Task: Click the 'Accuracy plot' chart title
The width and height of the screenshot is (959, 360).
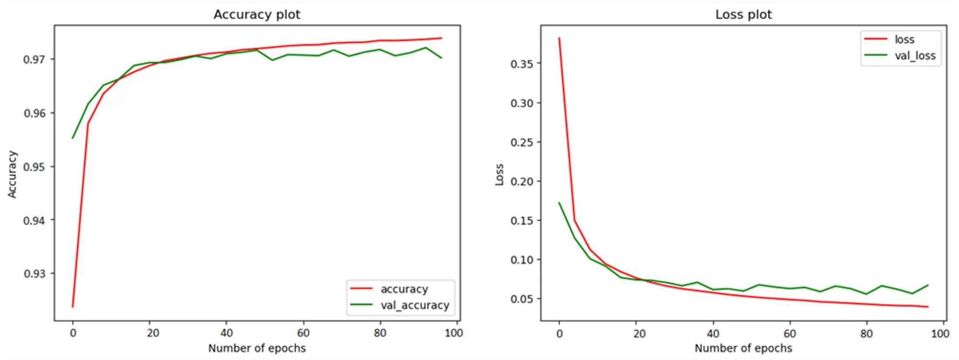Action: pyautogui.click(x=257, y=14)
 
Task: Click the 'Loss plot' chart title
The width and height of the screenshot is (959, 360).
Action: pyautogui.click(x=743, y=14)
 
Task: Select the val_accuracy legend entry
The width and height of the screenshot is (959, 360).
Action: pyautogui.click(x=414, y=305)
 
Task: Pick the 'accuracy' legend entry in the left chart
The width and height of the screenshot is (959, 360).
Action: pyautogui.click(x=404, y=289)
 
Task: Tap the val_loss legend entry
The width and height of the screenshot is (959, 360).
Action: pyautogui.click(x=914, y=56)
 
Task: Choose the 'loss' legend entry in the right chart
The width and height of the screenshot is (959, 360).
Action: pyautogui.click(x=904, y=39)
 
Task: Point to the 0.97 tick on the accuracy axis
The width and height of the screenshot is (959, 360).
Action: pyautogui.click(x=34, y=60)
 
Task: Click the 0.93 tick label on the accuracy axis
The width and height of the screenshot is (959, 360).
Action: pyautogui.click(x=34, y=274)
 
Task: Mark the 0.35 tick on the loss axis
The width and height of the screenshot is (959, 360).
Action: pyautogui.click(x=522, y=64)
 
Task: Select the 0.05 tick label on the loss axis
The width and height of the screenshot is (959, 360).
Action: pyautogui.click(x=522, y=299)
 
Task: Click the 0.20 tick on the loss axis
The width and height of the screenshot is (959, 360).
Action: pyautogui.click(x=522, y=182)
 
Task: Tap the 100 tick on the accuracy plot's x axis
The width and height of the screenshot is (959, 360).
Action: pyautogui.click(x=454, y=333)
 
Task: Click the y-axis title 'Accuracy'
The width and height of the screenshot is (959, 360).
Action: pyautogui.click(x=12, y=174)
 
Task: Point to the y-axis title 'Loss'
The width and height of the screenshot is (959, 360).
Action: pyautogui.click(x=499, y=174)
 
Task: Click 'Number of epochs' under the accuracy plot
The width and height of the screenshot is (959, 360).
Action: pyautogui.click(x=257, y=348)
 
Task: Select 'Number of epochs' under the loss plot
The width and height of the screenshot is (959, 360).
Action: pyautogui.click(x=743, y=348)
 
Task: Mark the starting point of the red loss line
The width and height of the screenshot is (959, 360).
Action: pyautogui.click(x=559, y=38)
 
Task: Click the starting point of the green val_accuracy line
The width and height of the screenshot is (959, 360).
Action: pyautogui.click(x=73, y=138)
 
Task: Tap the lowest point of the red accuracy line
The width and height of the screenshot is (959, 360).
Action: pyautogui.click(x=73, y=307)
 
